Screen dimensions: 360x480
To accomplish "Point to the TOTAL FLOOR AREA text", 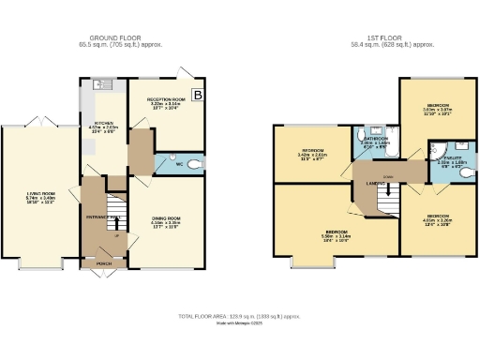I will tap(239, 318).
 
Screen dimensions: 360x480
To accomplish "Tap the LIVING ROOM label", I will tap(39, 196).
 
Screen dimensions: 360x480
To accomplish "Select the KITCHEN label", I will tap(105, 127).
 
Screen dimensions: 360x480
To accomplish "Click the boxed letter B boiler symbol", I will tap(196, 95).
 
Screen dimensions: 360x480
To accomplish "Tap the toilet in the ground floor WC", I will tap(194, 164).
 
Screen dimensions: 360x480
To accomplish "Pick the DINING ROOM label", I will tap(164, 220).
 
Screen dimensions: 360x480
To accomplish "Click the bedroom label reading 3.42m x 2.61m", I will tap(311, 153).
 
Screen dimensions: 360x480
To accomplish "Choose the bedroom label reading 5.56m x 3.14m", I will tap(336, 233).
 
